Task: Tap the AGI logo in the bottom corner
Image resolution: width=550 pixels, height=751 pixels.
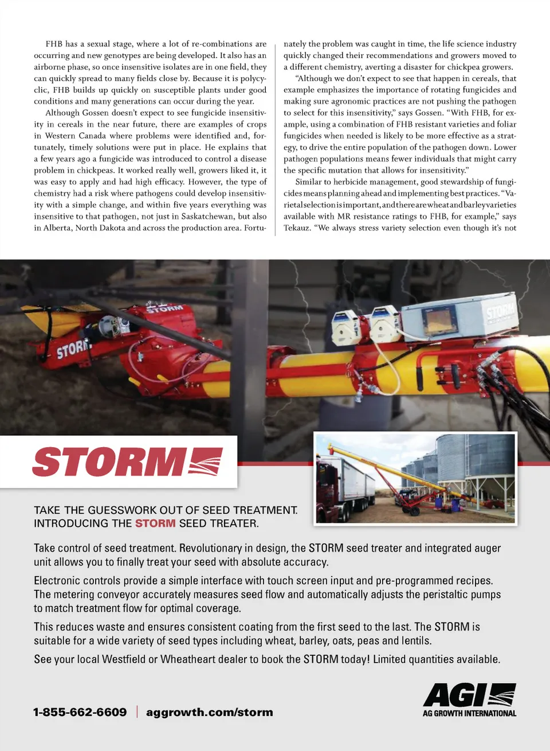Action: tap(469, 695)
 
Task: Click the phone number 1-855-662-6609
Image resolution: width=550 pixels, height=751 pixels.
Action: tap(80, 712)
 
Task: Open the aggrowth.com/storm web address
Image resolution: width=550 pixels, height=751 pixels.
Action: tap(210, 712)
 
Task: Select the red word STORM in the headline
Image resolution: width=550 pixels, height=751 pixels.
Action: tap(155, 523)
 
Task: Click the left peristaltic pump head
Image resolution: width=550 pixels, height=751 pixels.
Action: tap(345, 324)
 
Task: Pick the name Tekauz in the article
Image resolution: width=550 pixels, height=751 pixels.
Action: tap(297, 228)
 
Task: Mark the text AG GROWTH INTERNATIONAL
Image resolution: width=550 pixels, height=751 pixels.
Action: tap(469, 714)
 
